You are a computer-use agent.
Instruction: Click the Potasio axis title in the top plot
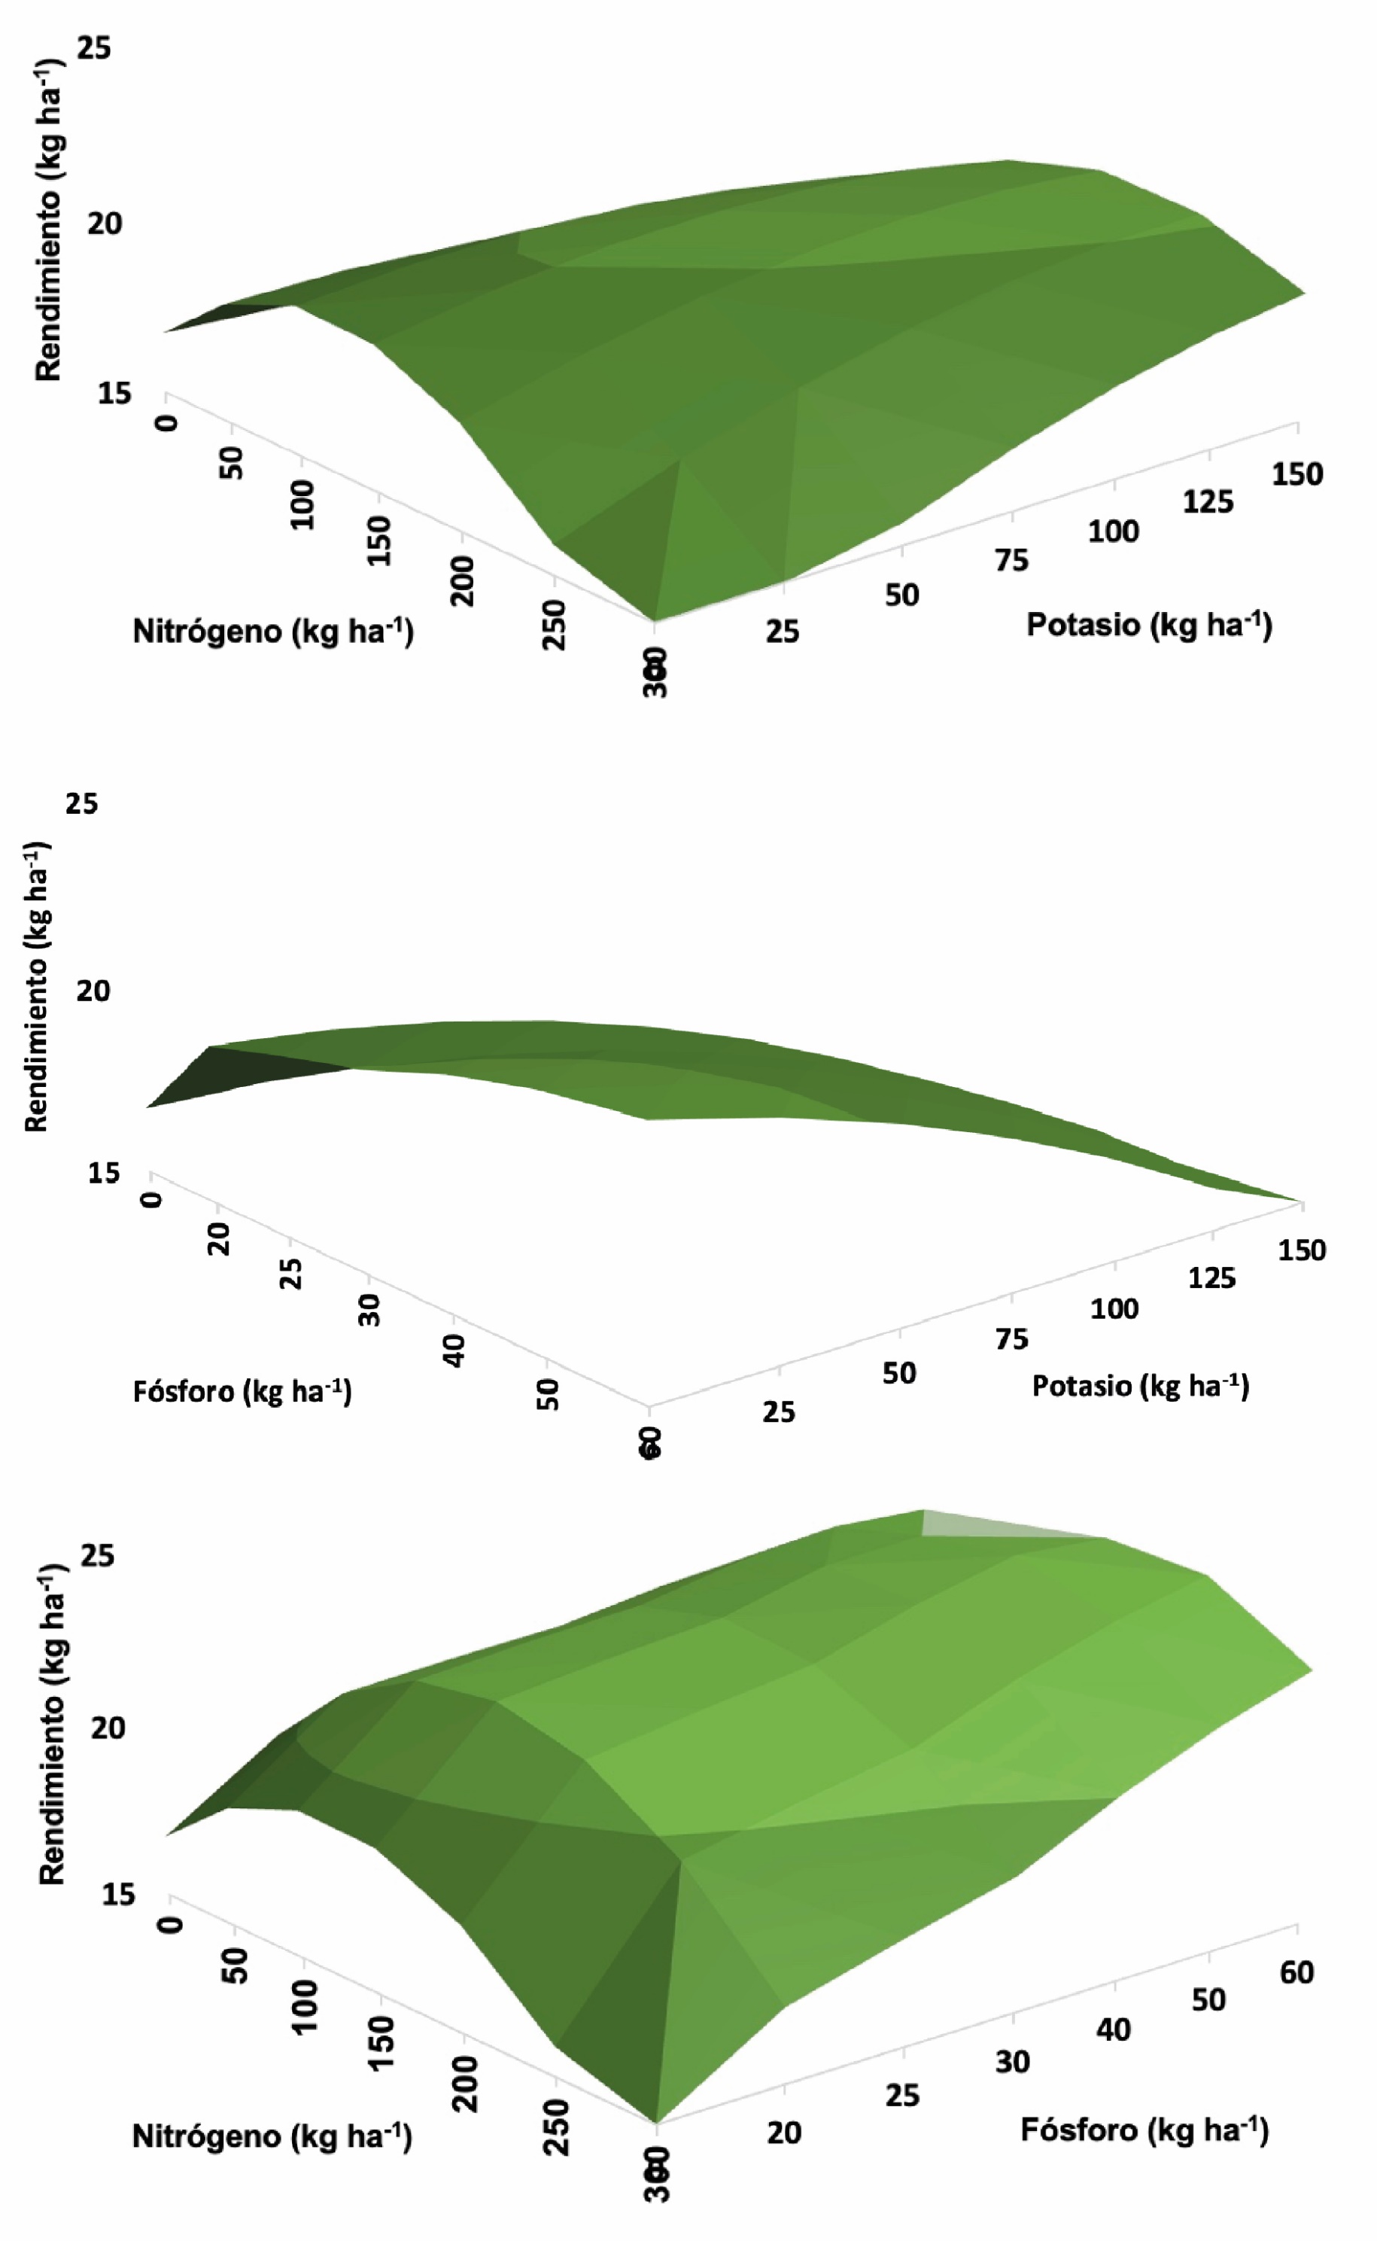tap(1148, 625)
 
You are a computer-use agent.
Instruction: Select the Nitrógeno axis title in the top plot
tap(273, 632)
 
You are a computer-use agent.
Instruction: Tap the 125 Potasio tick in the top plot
tap(1208, 501)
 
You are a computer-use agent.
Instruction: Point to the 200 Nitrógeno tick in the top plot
tap(464, 580)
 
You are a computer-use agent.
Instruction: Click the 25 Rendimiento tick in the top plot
tap(94, 47)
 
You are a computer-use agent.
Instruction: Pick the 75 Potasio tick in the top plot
tap(1011, 560)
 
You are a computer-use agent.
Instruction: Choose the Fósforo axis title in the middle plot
tap(242, 1392)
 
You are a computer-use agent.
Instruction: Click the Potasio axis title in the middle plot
tap(1140, 1387)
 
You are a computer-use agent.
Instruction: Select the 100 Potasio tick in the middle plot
tap(1114, 1309)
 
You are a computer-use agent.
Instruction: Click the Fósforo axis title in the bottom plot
tap(1144, 2130)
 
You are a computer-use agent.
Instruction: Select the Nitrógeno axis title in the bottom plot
tap(272, 2136)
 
